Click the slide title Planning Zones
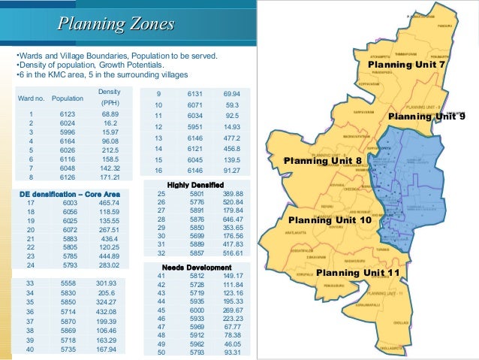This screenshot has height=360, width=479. pyautogui.click(x=116, y=25)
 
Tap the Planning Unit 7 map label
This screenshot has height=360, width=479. pyautogui.click(x=406, y=65)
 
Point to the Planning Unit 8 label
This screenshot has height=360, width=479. pyautogui.click(x=323, y=161)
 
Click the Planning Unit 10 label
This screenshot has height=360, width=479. pyautogui.click(x=330, y=220)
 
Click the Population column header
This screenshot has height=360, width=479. pyautogui.click(x=68, y=98)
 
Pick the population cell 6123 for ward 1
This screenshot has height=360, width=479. pyautogui.click(x=68, y=113)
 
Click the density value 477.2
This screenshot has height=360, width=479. pyautogui.click(x=231, y=138)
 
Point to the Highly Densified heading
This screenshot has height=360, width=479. pyautogui.click(x=197, y=184)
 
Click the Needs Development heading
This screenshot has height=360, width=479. pyautogui.click(x=197, y=268)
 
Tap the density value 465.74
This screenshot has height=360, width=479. pyautogui.click(x=109, y=203)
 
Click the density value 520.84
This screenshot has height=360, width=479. pyautogui.click(x=233, y=202)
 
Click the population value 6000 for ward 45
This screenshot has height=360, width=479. pyautogui.click(x=196, y=310)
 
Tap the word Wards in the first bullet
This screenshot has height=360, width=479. pyautogui.click(x=29, y=56)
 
